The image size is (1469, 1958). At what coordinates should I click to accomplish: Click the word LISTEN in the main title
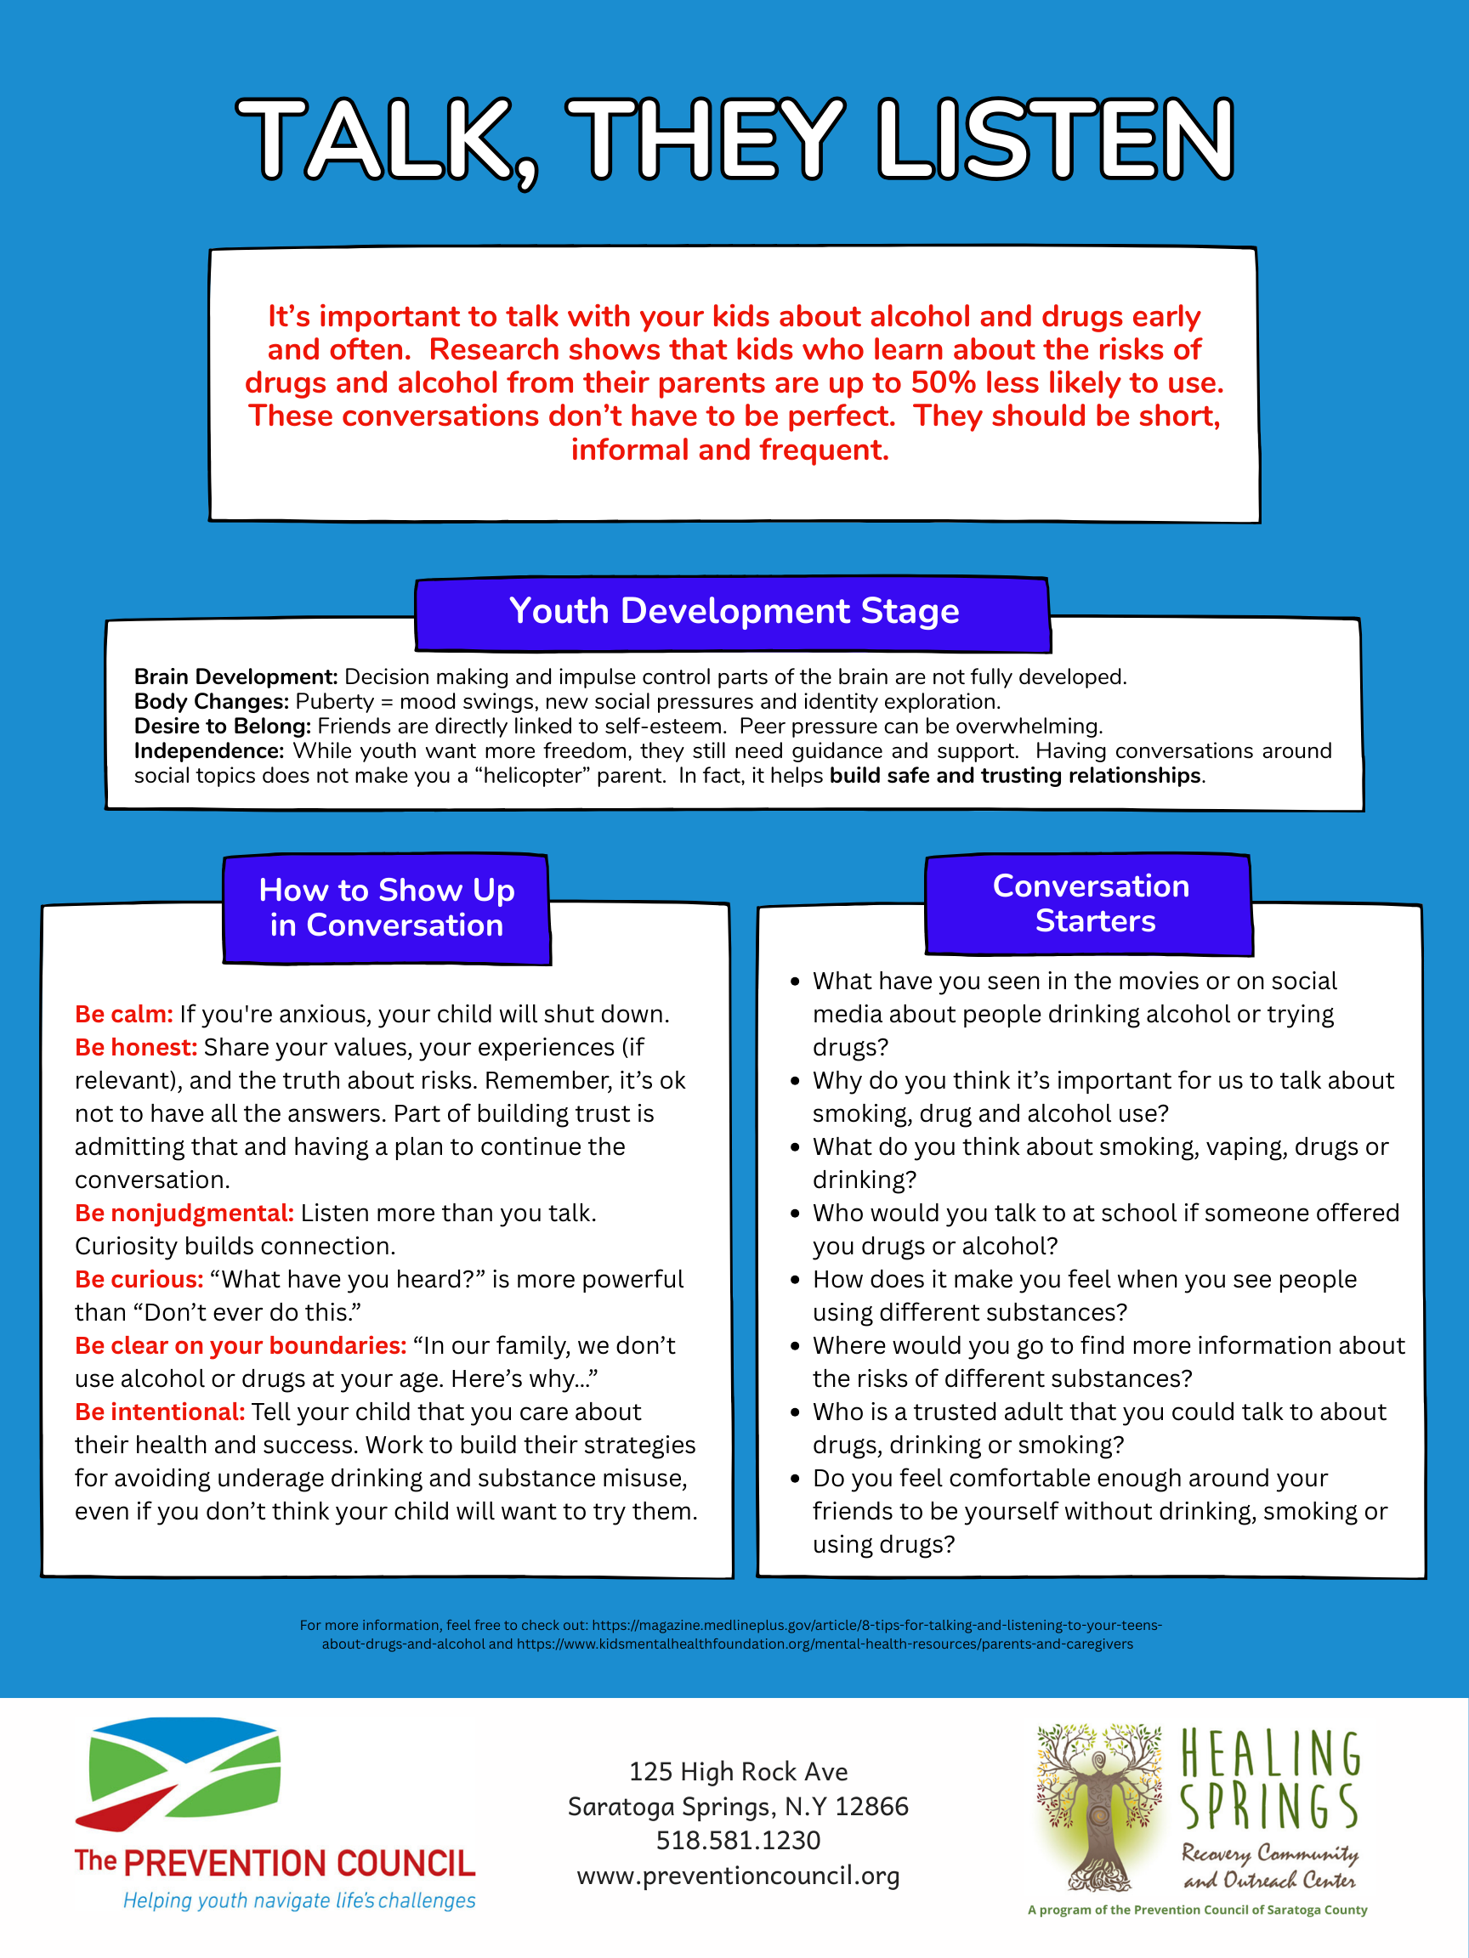[1056, 139]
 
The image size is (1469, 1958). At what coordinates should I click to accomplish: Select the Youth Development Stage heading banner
[733, 612]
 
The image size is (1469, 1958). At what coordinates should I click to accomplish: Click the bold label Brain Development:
[235, 677]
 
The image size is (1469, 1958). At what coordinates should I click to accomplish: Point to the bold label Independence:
[209, 750]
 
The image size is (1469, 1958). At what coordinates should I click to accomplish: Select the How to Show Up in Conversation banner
[386, 908]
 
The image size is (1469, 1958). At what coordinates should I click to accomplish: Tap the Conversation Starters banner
[1091, 903]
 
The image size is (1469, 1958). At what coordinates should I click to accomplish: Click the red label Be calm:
[124, 1015]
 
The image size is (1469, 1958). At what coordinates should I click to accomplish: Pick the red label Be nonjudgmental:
[184, 1213]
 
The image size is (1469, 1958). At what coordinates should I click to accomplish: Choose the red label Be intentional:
[159, 1412]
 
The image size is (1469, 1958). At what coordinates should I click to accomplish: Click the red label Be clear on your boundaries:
[241, 1345]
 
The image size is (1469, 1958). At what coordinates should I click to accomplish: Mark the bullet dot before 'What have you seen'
[795, 982]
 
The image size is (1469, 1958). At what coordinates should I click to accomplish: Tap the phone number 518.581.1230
[738, 1840]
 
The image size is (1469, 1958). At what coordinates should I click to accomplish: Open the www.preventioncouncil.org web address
[738, 1875]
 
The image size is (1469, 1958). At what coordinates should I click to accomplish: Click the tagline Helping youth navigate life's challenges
[299, 1900]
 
